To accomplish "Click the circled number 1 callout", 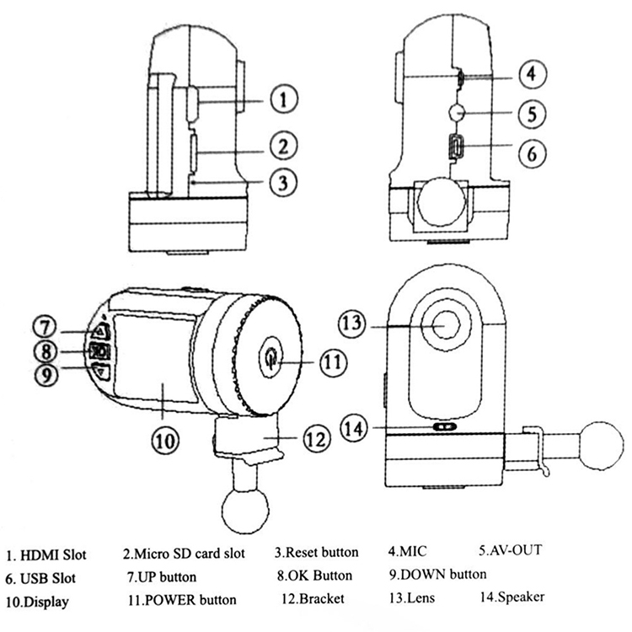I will click(x=284, y=99).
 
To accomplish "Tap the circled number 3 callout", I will click(x=284, y=179).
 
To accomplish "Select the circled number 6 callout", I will click(x=531, y=153).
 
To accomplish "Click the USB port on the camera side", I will click(x=453, y=148).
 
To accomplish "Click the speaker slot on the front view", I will click(x=444, y=427).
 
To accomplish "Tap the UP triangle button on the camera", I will click(x=99, y=330).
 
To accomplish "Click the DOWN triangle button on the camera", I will click(x=101, y=368).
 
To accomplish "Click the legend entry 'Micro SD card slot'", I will click(x=184, y=554).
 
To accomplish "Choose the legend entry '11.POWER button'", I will click(x=182, y=600).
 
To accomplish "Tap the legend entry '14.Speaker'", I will click(x=506, y=597).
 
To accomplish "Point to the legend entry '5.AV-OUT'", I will click(x=510, y=551).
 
